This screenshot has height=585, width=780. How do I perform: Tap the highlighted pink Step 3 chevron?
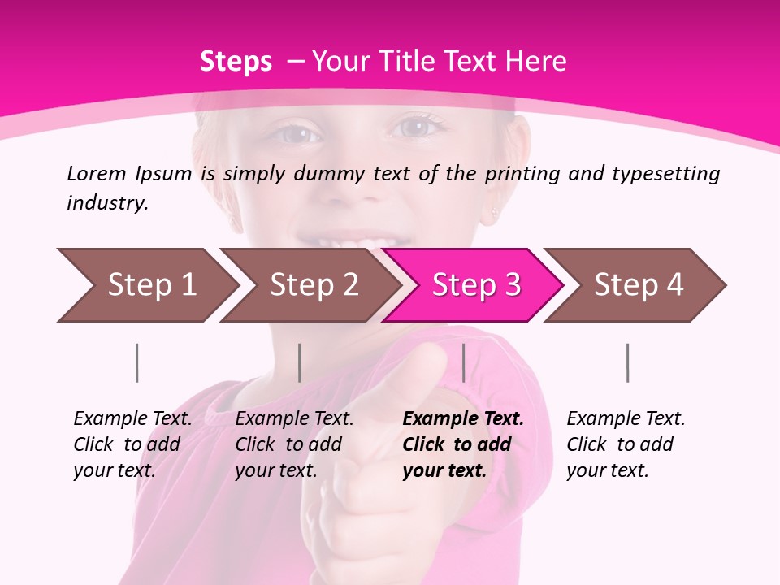476,285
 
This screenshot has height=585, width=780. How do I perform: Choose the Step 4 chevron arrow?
639,285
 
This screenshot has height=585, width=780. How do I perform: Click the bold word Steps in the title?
236,62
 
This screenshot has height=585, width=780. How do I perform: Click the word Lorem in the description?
97,174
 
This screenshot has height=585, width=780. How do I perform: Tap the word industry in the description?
107,203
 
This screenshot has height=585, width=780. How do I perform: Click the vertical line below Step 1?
137,362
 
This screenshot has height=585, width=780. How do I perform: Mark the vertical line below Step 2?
300,362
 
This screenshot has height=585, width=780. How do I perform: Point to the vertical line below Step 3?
463,362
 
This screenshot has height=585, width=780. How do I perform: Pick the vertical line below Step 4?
627,362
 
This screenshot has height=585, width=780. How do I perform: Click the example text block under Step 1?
132,444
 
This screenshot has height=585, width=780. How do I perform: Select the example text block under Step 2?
294,444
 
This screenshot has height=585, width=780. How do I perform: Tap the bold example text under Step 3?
463,444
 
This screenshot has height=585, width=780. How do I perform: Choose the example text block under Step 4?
626,444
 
